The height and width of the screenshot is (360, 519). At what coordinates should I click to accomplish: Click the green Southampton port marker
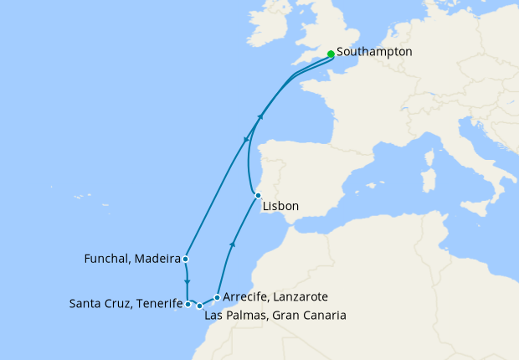point(331,54)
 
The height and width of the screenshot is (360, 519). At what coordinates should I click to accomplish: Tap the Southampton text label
point(374,52)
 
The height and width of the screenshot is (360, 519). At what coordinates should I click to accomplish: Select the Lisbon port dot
point(258,195)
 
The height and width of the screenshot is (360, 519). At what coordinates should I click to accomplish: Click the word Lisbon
point(280,206)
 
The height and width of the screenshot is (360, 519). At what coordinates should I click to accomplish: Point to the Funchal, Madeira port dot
point(185,259)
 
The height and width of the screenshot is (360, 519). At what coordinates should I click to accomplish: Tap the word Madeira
point(157,260)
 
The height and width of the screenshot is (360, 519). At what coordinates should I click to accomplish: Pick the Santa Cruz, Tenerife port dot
point(188,305)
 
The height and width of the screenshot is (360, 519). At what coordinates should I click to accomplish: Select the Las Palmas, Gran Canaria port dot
point(199,306)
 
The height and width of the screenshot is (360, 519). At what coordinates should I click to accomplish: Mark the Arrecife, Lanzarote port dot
point(217,297)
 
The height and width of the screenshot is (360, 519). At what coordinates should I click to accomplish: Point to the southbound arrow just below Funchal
point(187,280)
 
